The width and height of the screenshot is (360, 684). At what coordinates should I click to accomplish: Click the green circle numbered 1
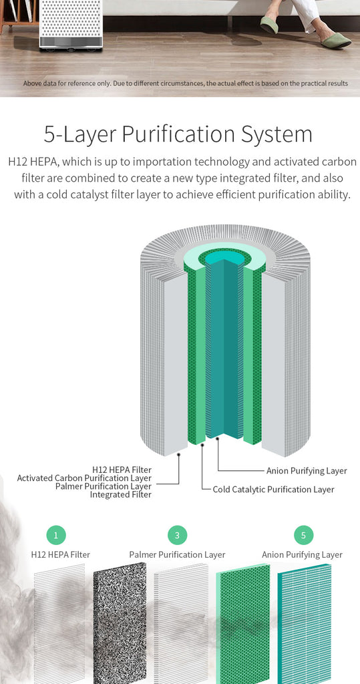pyautogui.click(x=56, y=535)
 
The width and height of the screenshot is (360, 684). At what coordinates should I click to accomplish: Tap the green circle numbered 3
pyautogui.click(x=177, y=535)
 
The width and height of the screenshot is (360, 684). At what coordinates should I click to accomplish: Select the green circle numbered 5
pyautogui.click(x=303, y=535)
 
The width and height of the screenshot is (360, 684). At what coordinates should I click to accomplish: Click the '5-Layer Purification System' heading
pyautogui.click(x=178, y=134)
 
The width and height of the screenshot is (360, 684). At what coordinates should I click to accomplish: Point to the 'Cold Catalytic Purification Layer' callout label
pyautogui.click(x=274, y=490)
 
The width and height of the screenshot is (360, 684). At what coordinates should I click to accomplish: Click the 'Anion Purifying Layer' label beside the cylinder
pyautogui.click(x=307, y=471)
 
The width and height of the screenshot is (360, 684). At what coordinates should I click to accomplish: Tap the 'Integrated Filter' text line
pyautogui.click(x=121, y=495)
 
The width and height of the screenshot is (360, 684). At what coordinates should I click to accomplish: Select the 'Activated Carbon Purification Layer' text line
pyautogui.click(x=84, y=478)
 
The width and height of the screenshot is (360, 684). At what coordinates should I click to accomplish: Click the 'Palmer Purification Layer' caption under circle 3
pyautogui.click(x=177, y=555)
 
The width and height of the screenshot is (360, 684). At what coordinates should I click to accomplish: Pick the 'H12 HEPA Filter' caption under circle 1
pyautogui.click(x=61, y=555)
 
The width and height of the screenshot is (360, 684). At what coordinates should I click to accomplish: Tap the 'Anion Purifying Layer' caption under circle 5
pyautogui.click(x=302, y=555)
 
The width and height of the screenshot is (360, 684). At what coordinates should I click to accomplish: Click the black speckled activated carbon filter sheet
pyautogui.click(x=120, y=623)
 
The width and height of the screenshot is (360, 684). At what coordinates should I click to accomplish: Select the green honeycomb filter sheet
pyautogui.click(x=243, y=624)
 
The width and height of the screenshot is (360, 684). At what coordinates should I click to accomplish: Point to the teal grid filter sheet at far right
pyautogui.click(x=305, y=624)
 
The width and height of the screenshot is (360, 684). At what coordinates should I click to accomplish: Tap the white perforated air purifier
pyautogui.click(x=71, y=23)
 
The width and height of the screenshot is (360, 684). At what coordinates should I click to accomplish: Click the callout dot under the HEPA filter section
pyautogui.click(x=179, y=454)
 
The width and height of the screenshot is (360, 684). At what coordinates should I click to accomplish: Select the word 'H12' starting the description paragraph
pyautogui.click(x=18, y=162)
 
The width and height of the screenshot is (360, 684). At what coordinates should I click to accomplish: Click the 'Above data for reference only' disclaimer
pyautogui.click(x=186, y=83)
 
